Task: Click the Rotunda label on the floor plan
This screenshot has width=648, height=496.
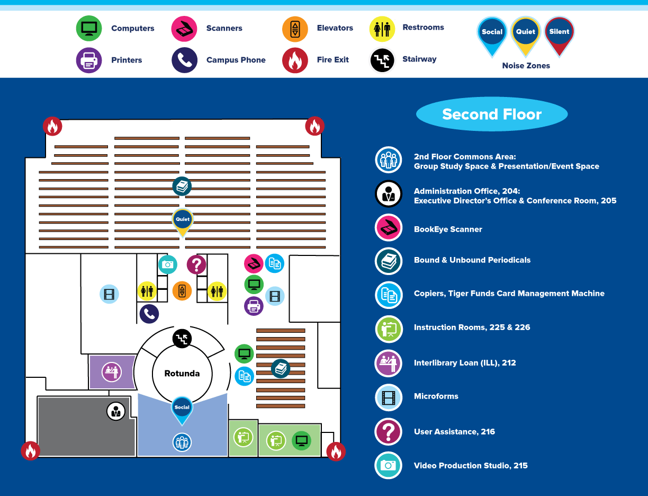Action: pyautogui.click(x=182, y=374)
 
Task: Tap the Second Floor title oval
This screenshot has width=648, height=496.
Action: pyautogui.click(x=492, y=114)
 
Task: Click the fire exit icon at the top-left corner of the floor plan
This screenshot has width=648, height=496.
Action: pyautogui.click(x=52, y=126)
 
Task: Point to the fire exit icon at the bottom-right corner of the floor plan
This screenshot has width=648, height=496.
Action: pyautogui.click(x=336, y=451)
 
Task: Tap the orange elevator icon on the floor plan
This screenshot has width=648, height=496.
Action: pyautogui.click(x=182, y=290)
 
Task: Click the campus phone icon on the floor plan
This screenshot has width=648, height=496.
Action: pyautogui.click(x=149, y=314)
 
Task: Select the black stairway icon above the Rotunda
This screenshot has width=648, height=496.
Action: pyautogui.click(x=182, y=338)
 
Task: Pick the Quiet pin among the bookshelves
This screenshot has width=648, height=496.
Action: pyautogui.click(x=183, y=221)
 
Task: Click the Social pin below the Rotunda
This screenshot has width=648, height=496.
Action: pyautogui.click(x=182, y=410)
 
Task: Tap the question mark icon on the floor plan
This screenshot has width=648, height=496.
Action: pyautogui.click(x=196, y=264)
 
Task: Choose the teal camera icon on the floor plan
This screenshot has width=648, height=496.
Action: pyautogui.click(x=168, y=264)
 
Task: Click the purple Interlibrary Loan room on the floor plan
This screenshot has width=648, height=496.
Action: pyautogui.click(x=112, y=371)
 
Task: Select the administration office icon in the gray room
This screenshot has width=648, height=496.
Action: pyautogui.click(x=116, y=411)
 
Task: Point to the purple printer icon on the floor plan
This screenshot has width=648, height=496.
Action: pyautogui.click(x=254, y=306)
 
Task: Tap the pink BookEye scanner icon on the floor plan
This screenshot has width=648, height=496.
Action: pyautogui.click(x=254, y=263)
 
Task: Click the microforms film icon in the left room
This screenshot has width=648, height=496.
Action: pyautogui.click(x=109, y=294)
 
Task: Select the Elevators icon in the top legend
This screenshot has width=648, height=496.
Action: pyautogui.click(x=295, y=29)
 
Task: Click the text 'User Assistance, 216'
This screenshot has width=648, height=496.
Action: pyautogui.click(x=454, y=432)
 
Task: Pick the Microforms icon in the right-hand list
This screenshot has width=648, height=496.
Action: pyautogui.click(x=389, y=397)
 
